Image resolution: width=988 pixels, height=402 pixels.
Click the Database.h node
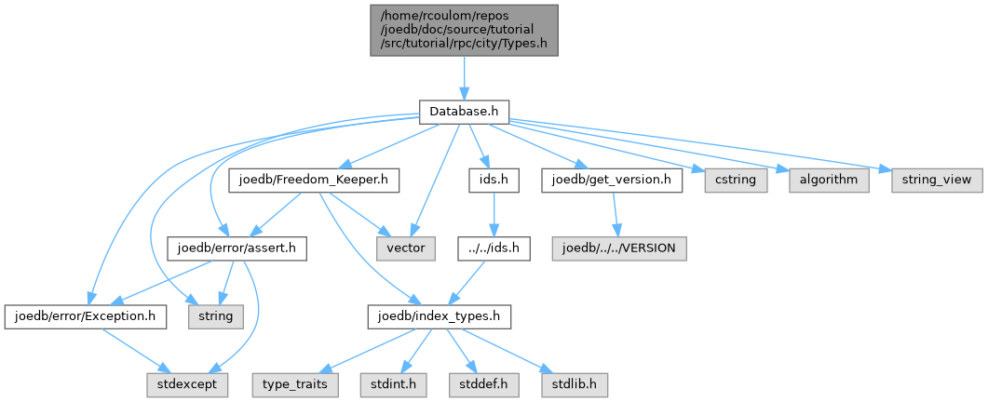tap(464, 112)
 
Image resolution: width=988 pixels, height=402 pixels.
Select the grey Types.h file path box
tap(465, 30)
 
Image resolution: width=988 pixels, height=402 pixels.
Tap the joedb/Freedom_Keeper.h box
tap(315, 180)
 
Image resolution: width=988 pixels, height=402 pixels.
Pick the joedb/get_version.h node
tap(611, 180)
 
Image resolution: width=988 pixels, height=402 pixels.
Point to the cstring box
tap(729, 180)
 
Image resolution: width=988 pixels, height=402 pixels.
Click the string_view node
tap(937, 180)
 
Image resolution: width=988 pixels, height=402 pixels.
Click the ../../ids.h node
tap(493, 248)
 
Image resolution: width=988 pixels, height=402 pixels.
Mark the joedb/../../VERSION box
tap(619, 248)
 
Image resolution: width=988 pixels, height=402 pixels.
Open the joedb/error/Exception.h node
tap(86, 317)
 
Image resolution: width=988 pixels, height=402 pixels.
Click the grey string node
tap(216, 317)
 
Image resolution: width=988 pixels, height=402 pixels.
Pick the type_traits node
tap(294, 383)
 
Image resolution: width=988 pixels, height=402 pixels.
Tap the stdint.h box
tap(385, 383)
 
